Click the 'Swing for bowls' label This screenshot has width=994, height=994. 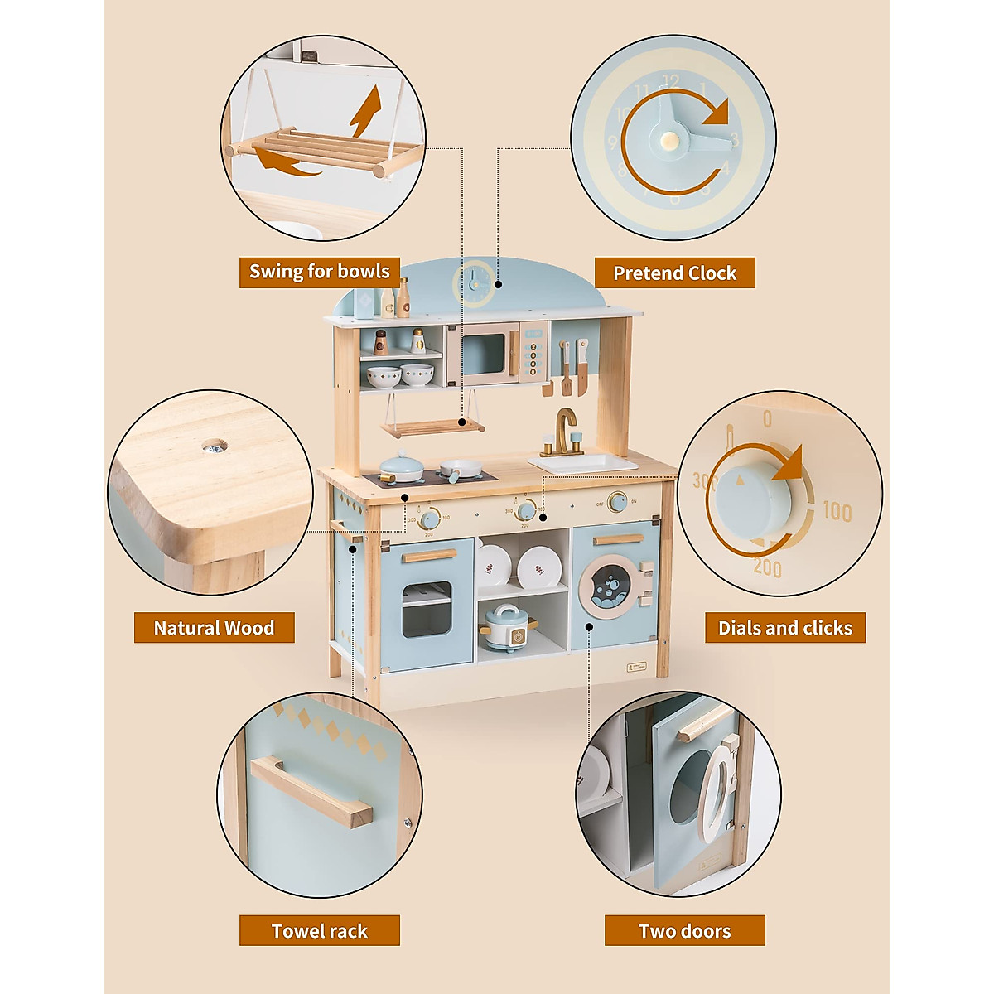point(319,272)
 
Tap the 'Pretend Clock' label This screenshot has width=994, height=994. point(674,273)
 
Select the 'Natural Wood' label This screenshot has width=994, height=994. point(214,628)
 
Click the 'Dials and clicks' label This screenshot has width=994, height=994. point(784,628)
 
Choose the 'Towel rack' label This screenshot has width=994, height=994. point(319,931)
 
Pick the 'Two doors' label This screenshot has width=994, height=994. point(684,931)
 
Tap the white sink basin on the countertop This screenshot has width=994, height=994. point(585,463)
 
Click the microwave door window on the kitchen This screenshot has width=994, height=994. point(483,355)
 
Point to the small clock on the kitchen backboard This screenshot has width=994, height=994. point(475,283)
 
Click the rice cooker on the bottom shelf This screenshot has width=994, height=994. point(507,627)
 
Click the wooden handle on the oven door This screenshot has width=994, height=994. point(428,555)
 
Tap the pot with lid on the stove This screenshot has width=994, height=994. point(402,466)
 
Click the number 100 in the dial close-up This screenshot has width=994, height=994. point(837,512)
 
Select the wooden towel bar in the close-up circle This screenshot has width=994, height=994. point(311,791)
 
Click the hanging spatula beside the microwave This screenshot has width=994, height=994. point(566,369)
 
